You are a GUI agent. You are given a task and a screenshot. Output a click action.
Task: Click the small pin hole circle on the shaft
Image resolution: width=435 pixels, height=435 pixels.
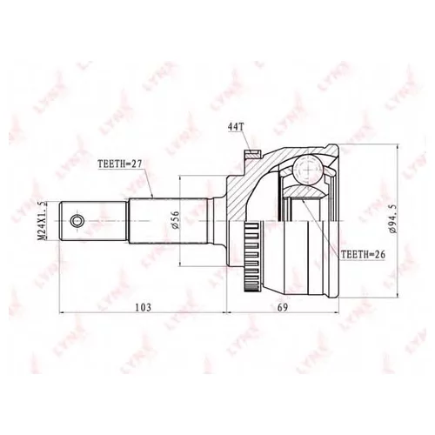pos(78,221)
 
